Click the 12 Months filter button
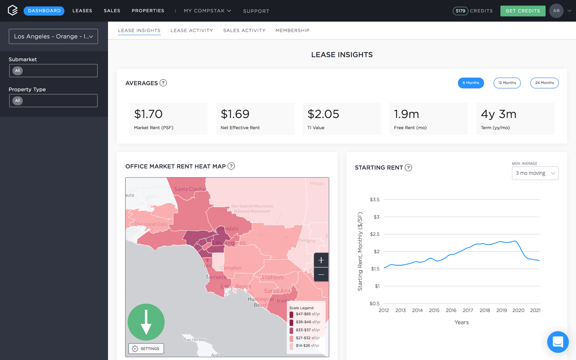point(507,83)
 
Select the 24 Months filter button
point(544,83)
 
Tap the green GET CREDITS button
point(523,11)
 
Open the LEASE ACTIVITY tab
point(192,30)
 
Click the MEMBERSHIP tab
point(292,30)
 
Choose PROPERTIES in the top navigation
point(148,11)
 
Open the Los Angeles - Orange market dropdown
point(53,36)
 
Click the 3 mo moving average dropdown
point(535,173)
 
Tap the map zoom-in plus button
point(321,260)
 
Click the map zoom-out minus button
point(321,275)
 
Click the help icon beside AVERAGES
point(163,83)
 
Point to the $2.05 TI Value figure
point(323,114)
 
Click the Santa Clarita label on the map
point(189,189)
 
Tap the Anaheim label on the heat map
point(272,277)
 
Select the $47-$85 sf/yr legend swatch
point(291,314)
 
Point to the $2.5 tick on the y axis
point(375,234)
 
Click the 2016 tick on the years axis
point(451,310)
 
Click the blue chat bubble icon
point(558,342)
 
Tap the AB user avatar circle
point(556,11)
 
